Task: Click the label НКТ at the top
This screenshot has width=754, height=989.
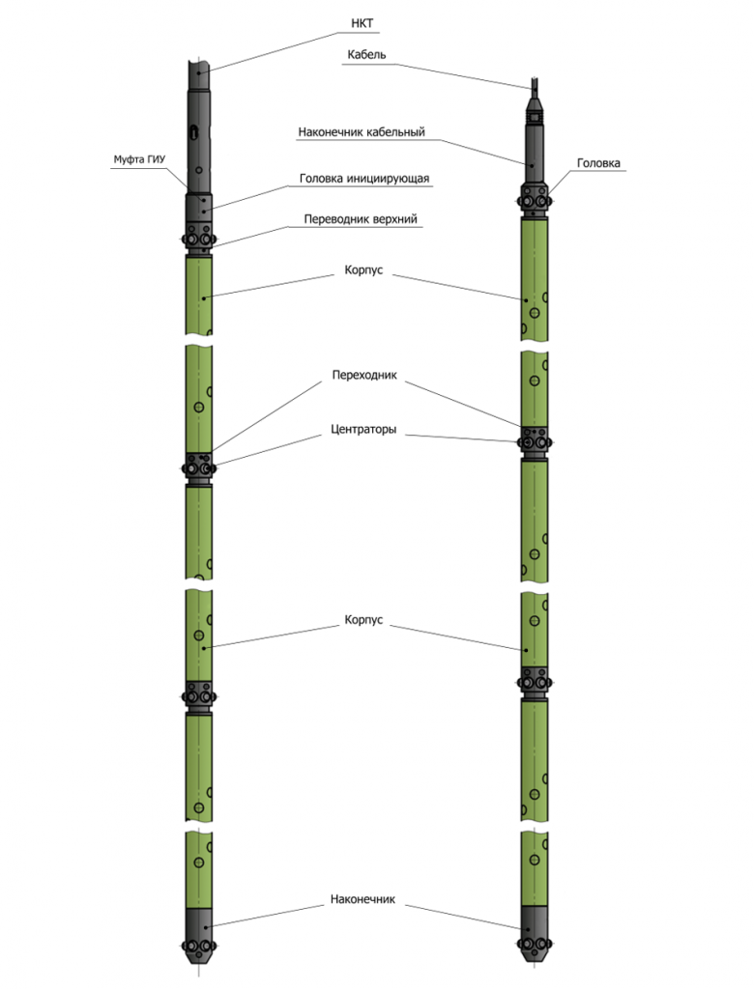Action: pyautogui.click(x=362, y=23)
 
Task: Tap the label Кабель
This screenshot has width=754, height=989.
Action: pyautogui.click(x=366, y=55)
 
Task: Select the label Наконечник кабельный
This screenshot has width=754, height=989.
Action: pyautogui.click(x=362, y=131)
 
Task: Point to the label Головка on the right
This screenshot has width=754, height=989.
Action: pyautogui.click(x=598, y=163)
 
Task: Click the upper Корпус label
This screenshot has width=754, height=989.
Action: pyautogui.click(x=363, y=270)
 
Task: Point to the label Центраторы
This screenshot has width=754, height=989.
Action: pyautogui.click(x=363, y=430)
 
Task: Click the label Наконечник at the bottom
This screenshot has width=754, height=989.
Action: pyautogui.click(x=362, y=899)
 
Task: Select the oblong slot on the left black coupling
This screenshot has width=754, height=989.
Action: pyautogui.click(x=196, y=131)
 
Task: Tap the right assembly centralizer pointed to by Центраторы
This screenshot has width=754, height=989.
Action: pyautogui.click(x=535, y=442)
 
